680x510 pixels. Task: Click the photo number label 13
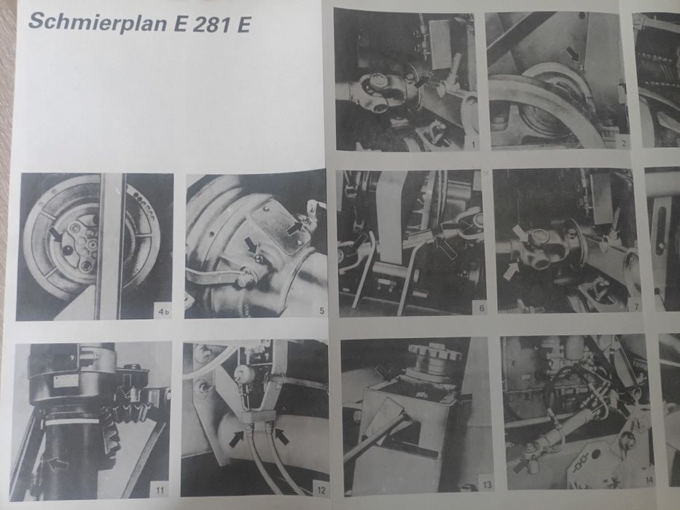[486, 484]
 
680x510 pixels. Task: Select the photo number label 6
[480, 307]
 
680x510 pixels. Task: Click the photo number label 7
[636, 306]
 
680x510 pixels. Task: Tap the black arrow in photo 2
[575, 53]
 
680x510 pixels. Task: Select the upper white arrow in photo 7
[520, 233]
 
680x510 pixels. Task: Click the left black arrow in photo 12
[238, 439]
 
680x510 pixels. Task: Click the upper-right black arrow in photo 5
[294, 229]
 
